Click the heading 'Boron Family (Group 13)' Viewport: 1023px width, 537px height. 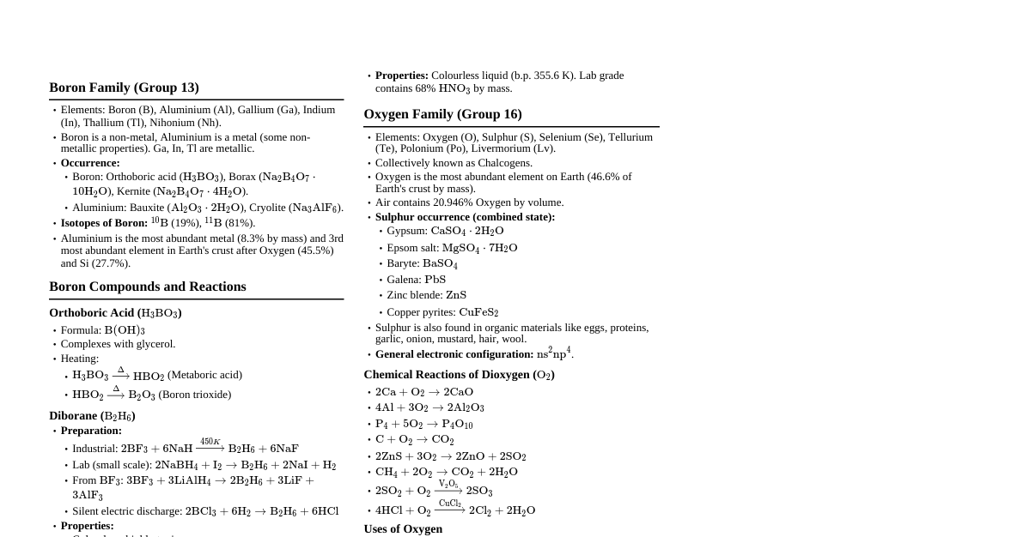[x=124, y=87]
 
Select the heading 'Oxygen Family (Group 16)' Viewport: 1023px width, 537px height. [x=442, y=114]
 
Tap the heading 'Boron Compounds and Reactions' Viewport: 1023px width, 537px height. [x=148, y=287]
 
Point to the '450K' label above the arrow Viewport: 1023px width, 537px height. [x=210, y=442]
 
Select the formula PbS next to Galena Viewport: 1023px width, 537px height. [x=435, y=280]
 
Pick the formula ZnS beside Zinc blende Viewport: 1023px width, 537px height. [x=456, y=295]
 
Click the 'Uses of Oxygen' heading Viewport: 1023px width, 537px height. [x=403, y=528]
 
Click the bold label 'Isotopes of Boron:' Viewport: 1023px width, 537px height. [x=104, y=223]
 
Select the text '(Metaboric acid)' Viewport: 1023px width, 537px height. [x=204, y=375]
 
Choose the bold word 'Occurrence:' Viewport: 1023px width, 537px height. [x=90, y=163]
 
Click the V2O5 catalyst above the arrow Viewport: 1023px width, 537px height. [x=448, y=485]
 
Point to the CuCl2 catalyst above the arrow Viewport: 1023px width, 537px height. [x=450, y=504]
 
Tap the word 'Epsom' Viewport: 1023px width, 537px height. [x=402, y=248]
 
